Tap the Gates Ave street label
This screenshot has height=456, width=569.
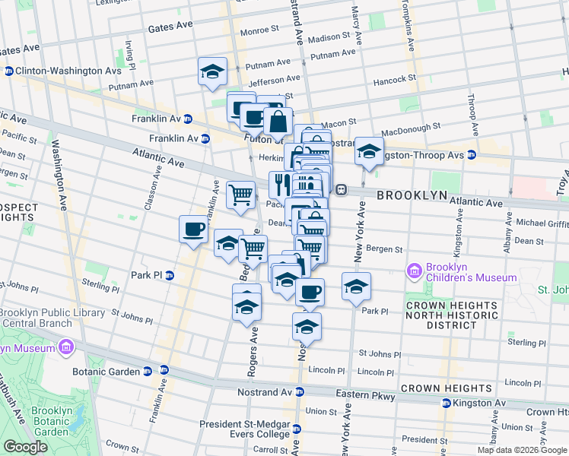click(x=170, y=26)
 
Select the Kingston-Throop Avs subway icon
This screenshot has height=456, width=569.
click(x=471, y=155)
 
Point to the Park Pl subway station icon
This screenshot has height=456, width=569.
click(x=170, y=275)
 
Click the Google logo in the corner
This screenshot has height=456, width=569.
click(x=25, y=447)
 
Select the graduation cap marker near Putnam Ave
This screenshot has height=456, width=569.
click(x=212, y=72)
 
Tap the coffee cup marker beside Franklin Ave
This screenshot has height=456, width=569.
click(x=193, y=229)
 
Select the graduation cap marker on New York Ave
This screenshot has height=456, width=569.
click(x=356, y=287)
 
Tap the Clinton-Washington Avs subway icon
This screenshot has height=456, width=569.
click(x=8, y=71)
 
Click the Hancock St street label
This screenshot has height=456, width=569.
click(x=394, y=78)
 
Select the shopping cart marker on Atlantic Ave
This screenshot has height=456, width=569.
click(x=240, y=195)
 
